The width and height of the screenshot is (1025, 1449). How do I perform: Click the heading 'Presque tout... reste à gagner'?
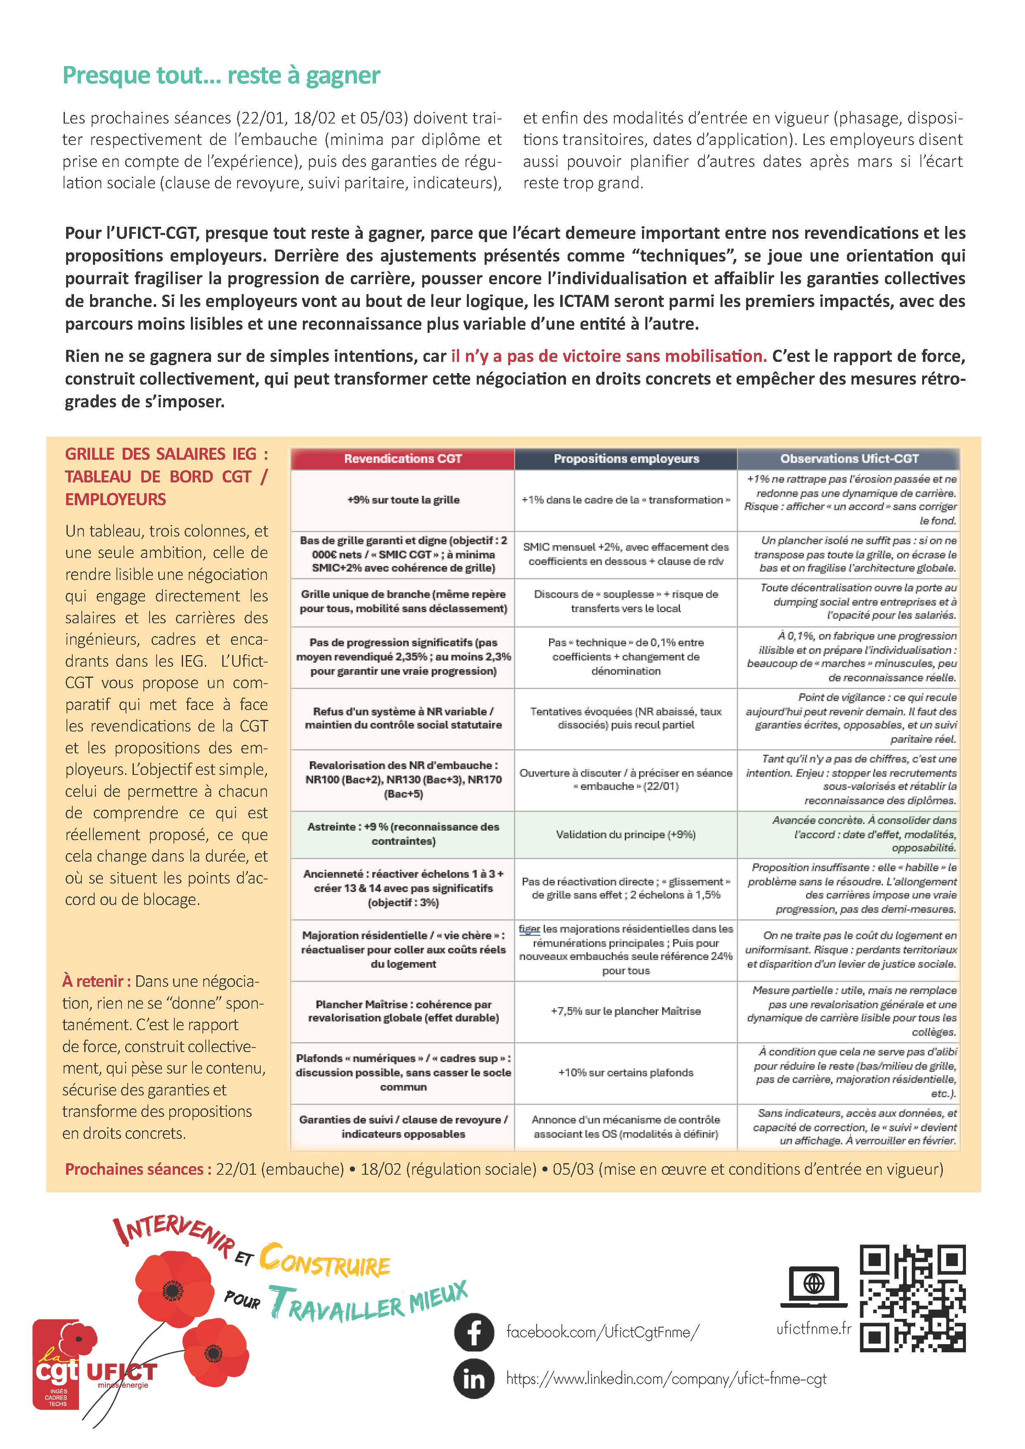pyautogui.click(x=221, y=76)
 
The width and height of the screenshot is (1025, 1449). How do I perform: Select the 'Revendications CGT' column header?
pyautogui.click(x=403, y=459)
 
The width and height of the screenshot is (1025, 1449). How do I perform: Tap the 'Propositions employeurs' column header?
pyautogui.click(x=625, y=459)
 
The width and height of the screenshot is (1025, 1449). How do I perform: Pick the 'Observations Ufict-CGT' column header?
pyautogui.click(x=849, y=459)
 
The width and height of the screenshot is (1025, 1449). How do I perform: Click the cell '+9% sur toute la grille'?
pyautogui.click(x=403, y=500)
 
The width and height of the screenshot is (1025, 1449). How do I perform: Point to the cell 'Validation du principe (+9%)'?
pyautogui.click(x=625, y=834)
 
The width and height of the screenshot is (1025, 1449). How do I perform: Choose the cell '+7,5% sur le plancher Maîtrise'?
pyautogui.click(x=625, y=1011)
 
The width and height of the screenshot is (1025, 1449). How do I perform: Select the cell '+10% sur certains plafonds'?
pyautogui.click(x=625, y=1072)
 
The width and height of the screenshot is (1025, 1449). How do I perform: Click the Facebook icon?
pyautogui.click(x=474, y=1332)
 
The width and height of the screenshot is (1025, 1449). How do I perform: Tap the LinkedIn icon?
pyautogui.click(x=474, y=1379)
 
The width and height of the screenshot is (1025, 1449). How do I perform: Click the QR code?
pyautogui.click(x=912, y=1298)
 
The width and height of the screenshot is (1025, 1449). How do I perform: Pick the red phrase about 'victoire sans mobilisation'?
pyautogui.click(x=609, y=356)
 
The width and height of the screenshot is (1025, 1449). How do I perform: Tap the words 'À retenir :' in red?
pyautogui.click(x=97, y=981)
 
